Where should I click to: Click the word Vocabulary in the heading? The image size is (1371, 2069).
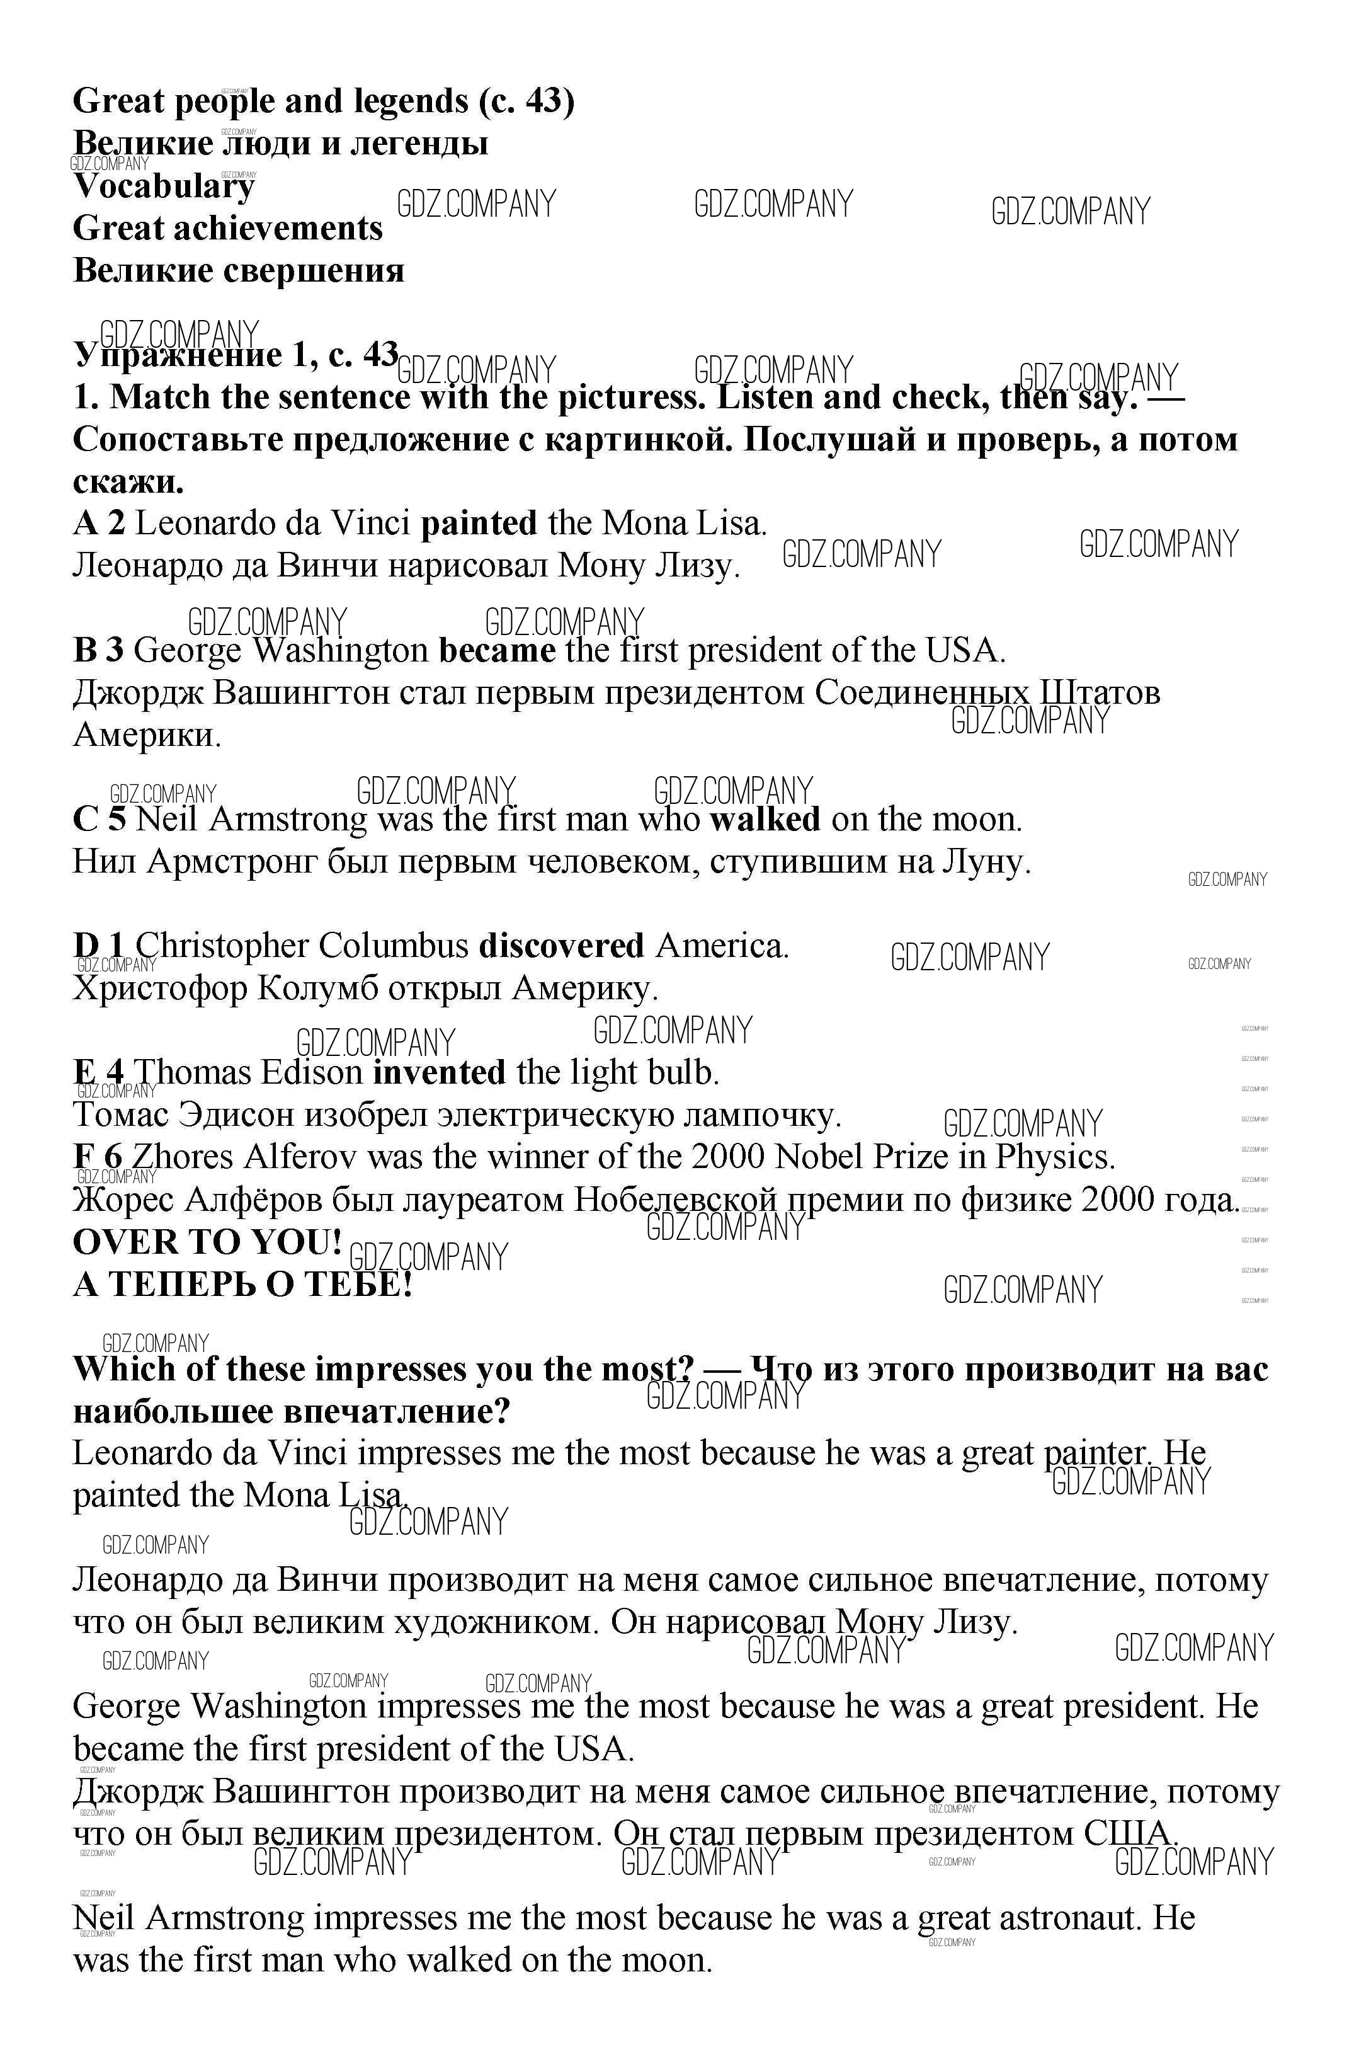[x=164, y=186]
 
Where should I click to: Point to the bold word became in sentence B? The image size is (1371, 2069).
[x=497, y=651]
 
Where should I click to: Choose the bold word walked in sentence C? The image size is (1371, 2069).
[x=764, y=820]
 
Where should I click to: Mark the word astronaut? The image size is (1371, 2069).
[x=1069, y=1918]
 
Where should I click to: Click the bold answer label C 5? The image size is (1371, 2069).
[x=100, y=820]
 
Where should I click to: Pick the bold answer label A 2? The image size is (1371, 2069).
[x=99, y=524]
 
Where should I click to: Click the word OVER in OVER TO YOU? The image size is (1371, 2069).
[x=124, y=1242]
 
